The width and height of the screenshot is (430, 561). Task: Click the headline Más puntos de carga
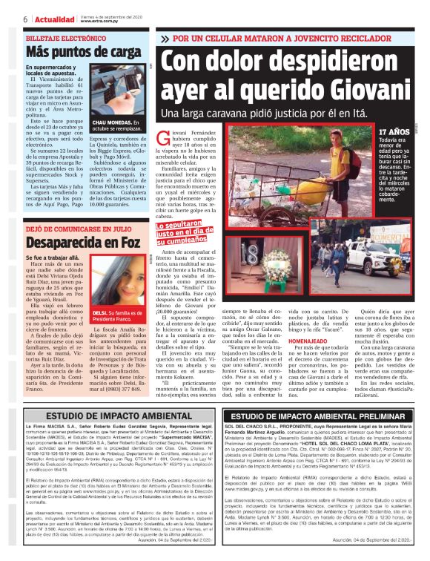[83, 51]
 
